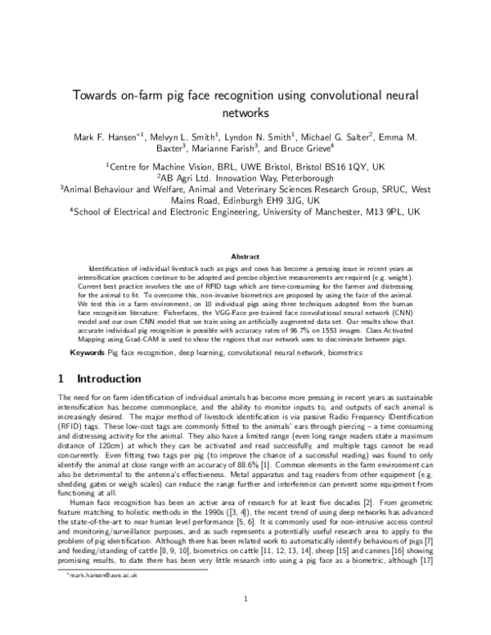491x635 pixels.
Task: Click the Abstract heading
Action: [x=245, y=255]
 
